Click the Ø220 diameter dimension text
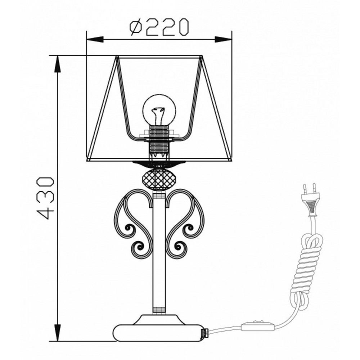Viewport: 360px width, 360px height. tap(159, 28)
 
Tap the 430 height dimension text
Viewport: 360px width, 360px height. tap(45, 198)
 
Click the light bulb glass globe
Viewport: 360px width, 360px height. tap(159, 110)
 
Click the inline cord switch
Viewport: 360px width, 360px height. tap(258, 325)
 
